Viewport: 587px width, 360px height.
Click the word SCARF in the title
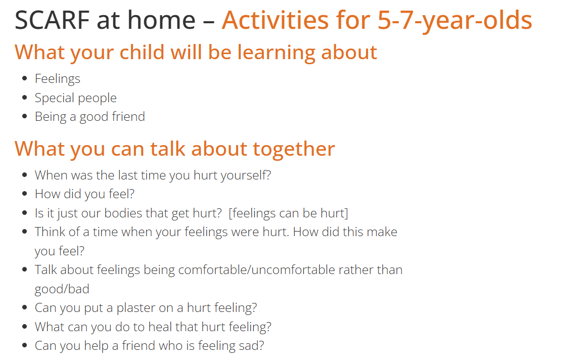pyautogui.click(x=52, y=20)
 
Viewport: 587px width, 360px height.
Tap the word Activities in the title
pyautogui.click(x=275, y=20)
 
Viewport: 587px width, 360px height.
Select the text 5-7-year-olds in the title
pyautogui.click(x=455, y=21)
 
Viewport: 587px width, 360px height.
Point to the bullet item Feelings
pyautogui.click(x=57, y=79)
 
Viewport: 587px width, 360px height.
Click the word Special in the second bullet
pyautogui.click(x=54, y=98)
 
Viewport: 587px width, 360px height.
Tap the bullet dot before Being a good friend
pyautogui.click(x=25, y=116)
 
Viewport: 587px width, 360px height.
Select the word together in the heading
pyautogui.click(x=294, y=149)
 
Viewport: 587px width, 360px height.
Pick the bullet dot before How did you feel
pyautogui.click(x=25, y=194)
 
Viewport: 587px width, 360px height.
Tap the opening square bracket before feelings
pyautogui.click(x=230, y=213)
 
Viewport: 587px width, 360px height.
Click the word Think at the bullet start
pyautogui.click(x=47, y=232)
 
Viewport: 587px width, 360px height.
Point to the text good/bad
pyautogui.click(x=62, y=289)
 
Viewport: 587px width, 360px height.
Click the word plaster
pyautogui.click(x=135, y=308)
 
